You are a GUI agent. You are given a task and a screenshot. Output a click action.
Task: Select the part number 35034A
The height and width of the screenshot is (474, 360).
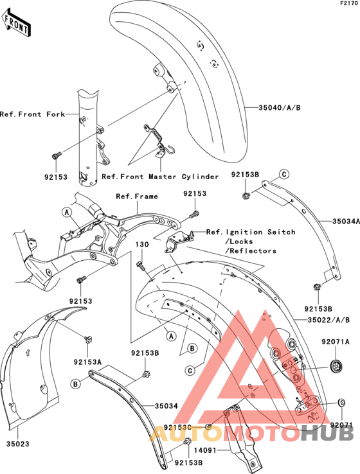(x=336, y=222)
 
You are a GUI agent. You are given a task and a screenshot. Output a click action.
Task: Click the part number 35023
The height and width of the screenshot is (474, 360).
(x=17, y=443)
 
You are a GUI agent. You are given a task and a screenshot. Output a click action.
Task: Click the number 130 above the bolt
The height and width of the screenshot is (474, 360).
(x=142, y=245)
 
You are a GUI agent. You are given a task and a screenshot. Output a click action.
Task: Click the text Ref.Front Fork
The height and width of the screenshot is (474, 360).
(x=32, y=114)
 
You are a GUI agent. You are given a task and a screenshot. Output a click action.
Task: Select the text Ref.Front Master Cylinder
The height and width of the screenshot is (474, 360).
(x=161, y=176)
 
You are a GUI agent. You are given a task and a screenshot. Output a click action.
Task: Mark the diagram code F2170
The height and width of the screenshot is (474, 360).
(x=347, y=4)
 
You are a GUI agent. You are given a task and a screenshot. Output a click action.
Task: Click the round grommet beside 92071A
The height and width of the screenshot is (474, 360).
(x=334, y=365)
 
